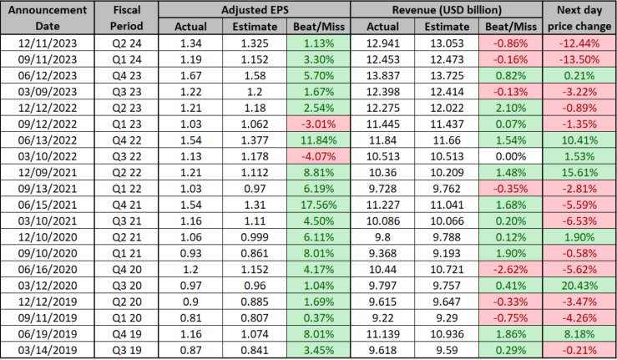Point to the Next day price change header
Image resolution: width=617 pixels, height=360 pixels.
click(578, 18)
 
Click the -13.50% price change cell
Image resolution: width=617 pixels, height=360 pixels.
click(578, 58)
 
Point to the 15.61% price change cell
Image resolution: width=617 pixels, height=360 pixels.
click(578, 170)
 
